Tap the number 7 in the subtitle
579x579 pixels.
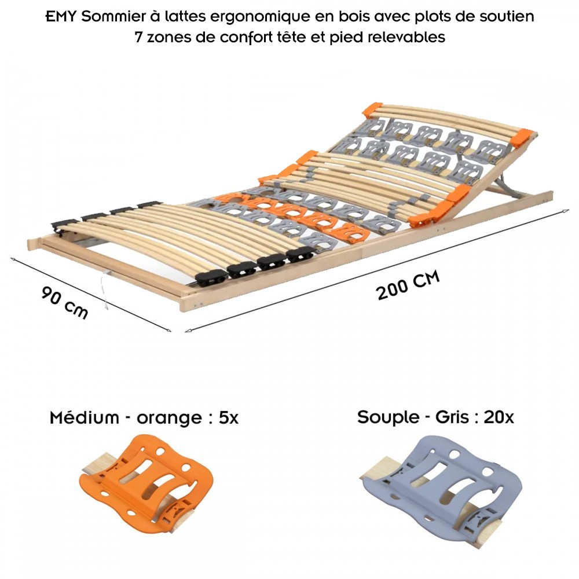138,37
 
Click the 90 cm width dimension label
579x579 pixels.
65,302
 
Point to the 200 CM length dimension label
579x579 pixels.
408,285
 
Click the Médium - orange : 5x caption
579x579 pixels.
144,418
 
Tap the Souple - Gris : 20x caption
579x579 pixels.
435,417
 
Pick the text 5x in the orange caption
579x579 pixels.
229,418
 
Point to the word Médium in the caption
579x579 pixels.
84,418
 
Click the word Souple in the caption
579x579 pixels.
388,417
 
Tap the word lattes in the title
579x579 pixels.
186,17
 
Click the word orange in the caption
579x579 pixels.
169,419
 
